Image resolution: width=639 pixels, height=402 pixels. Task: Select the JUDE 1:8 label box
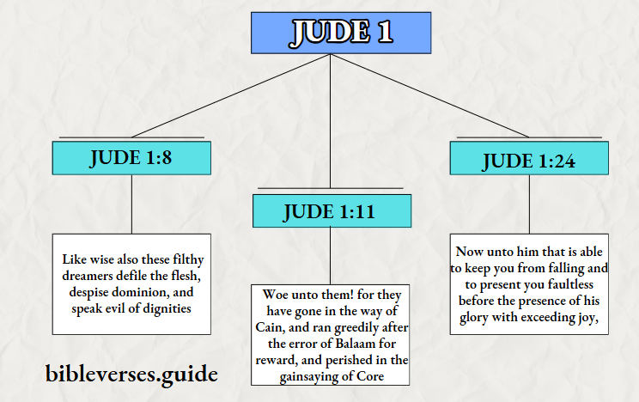coord(131,158)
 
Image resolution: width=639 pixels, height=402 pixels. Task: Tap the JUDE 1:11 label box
coord(331,211)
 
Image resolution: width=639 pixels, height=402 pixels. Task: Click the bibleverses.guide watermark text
coord(131,374)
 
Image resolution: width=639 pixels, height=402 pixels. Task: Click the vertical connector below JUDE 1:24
coord(530,205)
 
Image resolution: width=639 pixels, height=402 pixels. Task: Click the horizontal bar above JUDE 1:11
coord(331,188)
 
